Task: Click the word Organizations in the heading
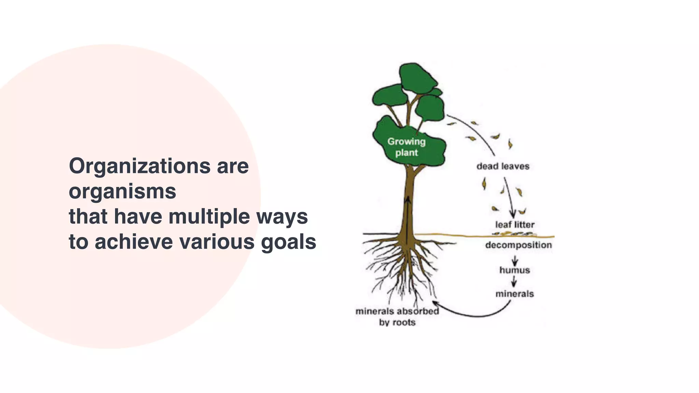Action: pos(140,166)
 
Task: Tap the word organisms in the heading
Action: pos(123,191)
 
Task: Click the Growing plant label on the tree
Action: pos(406,147)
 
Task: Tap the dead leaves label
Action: pos(503,166)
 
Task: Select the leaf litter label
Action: pos(515,225)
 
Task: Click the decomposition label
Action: pos(518,245)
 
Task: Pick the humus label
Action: pos(514,270)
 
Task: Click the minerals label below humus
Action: pos(514,294)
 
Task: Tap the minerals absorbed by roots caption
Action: pos(397,317)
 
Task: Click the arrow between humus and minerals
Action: pos(514,282)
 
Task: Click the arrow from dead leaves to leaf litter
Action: pos(509,198)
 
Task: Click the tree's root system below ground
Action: pos(403,270)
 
